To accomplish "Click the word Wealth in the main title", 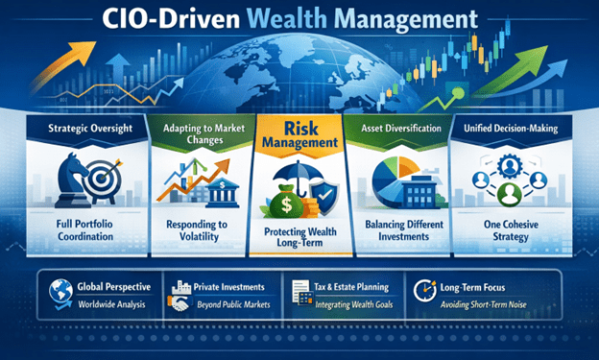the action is tap(286, 18).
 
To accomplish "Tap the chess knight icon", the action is tap(73, 180).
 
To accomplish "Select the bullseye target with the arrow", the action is tap(103, 179).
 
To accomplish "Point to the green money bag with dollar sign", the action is tap(286, 203).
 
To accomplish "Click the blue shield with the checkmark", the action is tap(324, 198).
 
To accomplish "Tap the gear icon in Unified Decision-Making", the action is tap(510, 165).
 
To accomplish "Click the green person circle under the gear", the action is tap(510, 195).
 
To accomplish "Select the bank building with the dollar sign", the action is tap(223, 193).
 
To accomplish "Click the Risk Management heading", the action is tap(300, 135).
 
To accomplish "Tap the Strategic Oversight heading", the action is tap(90, 128).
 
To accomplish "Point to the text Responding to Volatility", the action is tap(198, 230).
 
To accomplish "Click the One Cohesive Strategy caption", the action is tap(511, 230).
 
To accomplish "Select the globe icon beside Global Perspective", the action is tap(60, 294).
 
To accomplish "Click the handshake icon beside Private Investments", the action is tap(179, 303).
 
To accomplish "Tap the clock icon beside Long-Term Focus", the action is tap(425, 291).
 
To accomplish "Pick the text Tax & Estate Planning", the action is tap(351, 287).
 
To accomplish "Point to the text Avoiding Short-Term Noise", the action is tap(483, 304).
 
